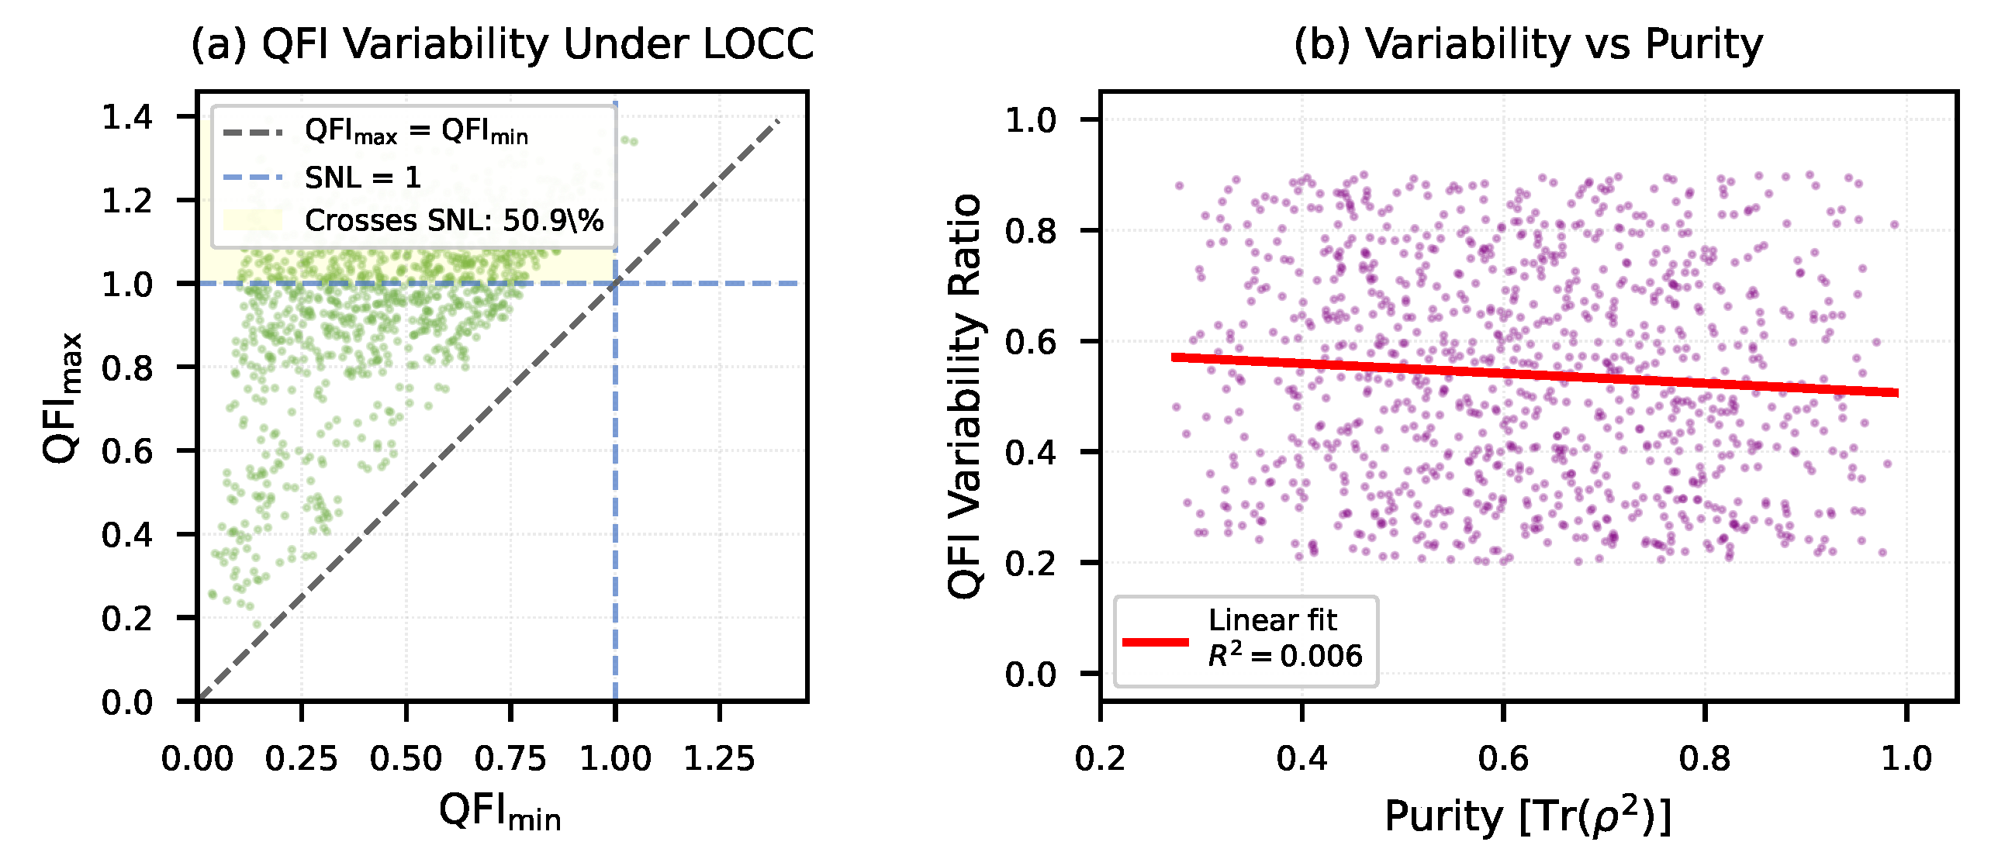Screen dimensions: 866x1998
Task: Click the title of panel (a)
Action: tap(502, 44)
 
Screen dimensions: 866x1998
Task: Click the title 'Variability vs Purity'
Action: tap(1528, 44)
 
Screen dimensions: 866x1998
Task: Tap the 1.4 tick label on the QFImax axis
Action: tap(127, 117)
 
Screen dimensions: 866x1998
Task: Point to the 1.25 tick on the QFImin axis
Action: tap(719, 758)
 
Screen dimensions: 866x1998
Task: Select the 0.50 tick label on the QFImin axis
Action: tap(406, 758)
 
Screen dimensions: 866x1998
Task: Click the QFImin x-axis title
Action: tap(500, 813)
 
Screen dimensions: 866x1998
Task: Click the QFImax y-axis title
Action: tap(64, 398)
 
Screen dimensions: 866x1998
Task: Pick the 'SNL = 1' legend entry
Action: tap(362, 178)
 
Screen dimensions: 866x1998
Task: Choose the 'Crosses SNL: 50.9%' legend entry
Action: tap(454, 221)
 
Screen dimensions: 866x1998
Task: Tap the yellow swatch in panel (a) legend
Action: tap(252, 220)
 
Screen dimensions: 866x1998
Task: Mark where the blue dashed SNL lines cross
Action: tap(615, 284)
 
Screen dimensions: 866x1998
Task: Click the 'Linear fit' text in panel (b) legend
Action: tap(1272, 620)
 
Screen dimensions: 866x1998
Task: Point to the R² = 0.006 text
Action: tap(1284, 656)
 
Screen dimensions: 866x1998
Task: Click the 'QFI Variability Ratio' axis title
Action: tap(966, 396)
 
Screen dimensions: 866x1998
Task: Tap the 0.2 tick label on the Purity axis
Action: tap(1100, 758)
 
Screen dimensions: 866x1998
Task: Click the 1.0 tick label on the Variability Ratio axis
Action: tap(1031, 120)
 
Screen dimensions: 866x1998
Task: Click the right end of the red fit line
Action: tap(1896, 393)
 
